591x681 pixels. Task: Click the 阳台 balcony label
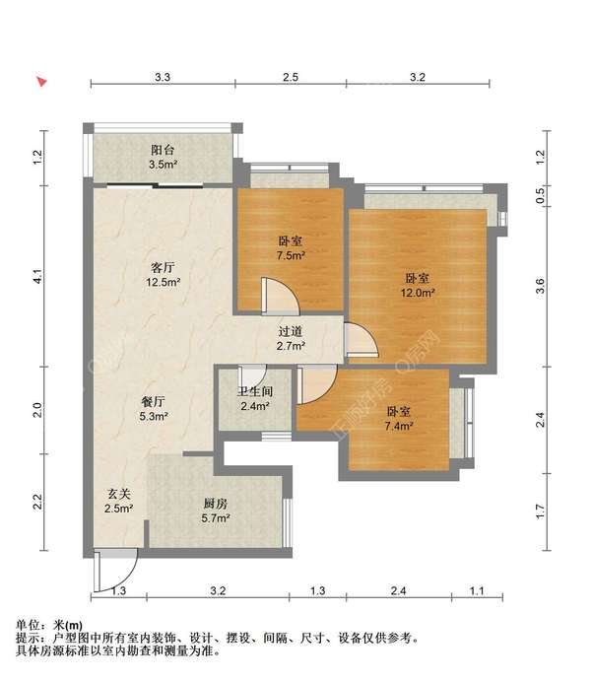pyautogui.click(x=163, y=150)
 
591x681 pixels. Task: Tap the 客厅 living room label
pyautogui.click(x=163, y=267)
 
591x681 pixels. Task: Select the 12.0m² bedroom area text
pyautogui.click(x=418, y=293)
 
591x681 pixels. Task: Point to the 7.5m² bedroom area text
pyautogui.click(x=291, y=255)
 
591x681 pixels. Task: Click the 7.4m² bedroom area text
pyautogui.click(x=399, y=426)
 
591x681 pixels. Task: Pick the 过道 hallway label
pyautogui.click(x=291, y=332)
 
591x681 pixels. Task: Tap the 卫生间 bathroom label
pyautogui.click(x=255, y=392)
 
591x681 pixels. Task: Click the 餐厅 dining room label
pyautogui.click(x=154, y=401)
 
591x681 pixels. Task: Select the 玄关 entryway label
pyautogui.click(x=118, y=494)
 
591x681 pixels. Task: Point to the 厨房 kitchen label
pyautogui.click(x=216, y=504)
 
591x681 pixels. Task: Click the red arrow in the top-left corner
pyautogui.click(x=41, y=82)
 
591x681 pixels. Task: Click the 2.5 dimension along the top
pyautogui.click(x=291, y=77)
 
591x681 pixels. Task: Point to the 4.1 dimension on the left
pyautogui.click(x=38, y=277)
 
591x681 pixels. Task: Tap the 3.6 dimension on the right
pyautogui.click(x=540, y=286)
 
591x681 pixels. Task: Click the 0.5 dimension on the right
pyautogui.click(x=540, y=196)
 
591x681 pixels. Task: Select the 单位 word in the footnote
pyautogui.click(x=28, y=626)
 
